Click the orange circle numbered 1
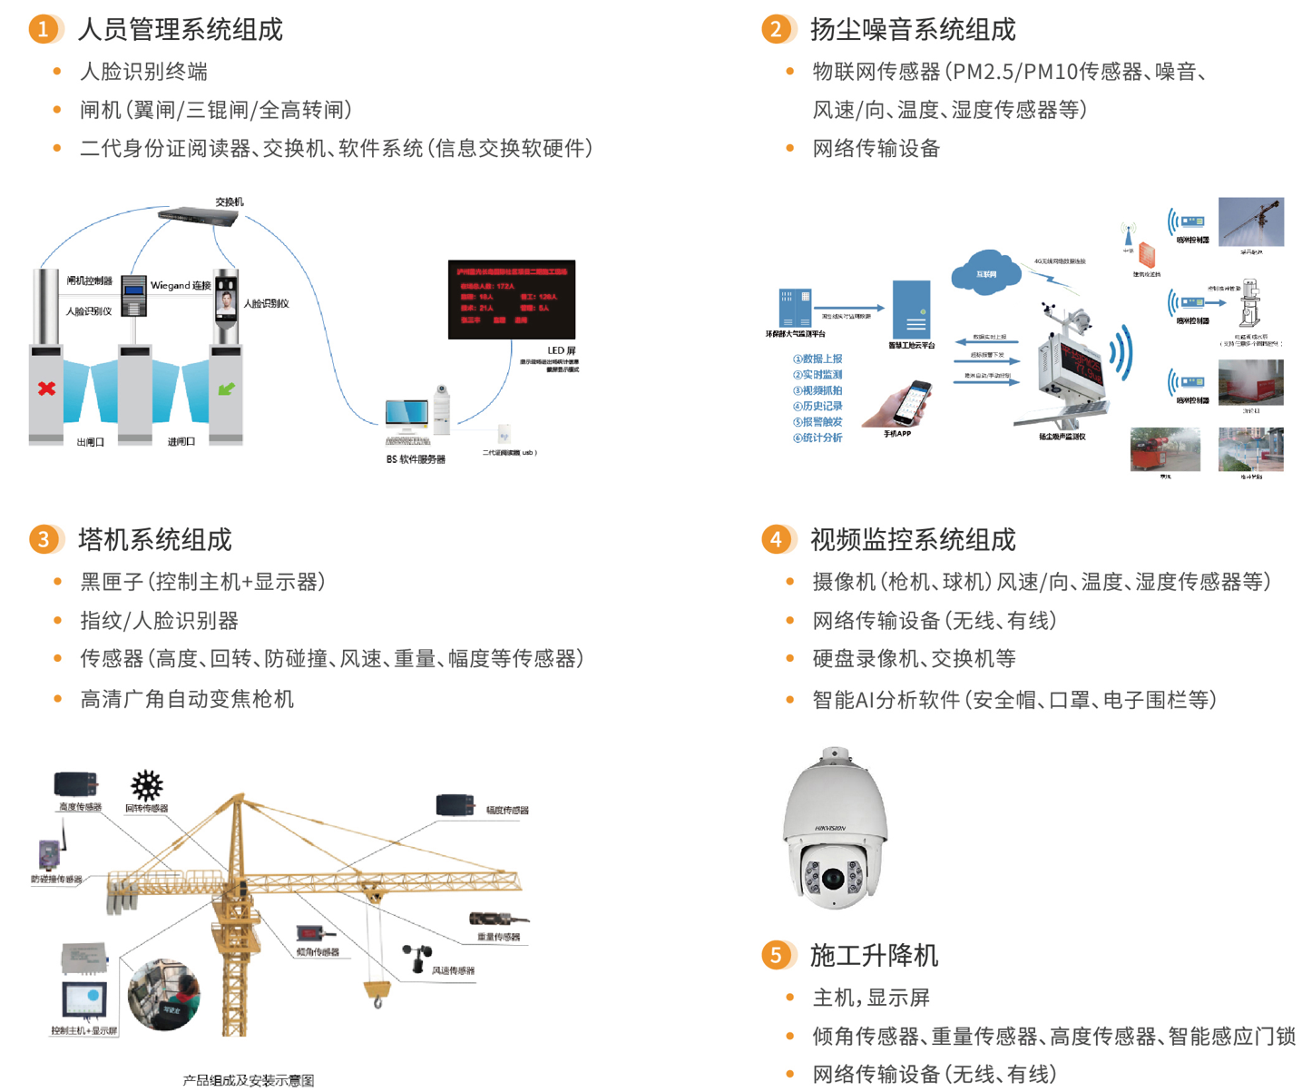43,29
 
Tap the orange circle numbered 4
775,539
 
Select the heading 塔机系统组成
155,540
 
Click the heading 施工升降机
874,956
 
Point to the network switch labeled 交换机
197,216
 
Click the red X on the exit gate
46,389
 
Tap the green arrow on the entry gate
226,389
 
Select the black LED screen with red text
512,300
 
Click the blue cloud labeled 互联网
985,271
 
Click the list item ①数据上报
818,359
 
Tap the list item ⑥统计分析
818,438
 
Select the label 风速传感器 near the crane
453,970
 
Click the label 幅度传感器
507,811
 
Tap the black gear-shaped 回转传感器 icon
146,785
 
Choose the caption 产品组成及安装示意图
249,1080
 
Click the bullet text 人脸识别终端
144,72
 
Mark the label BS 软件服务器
416,459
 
